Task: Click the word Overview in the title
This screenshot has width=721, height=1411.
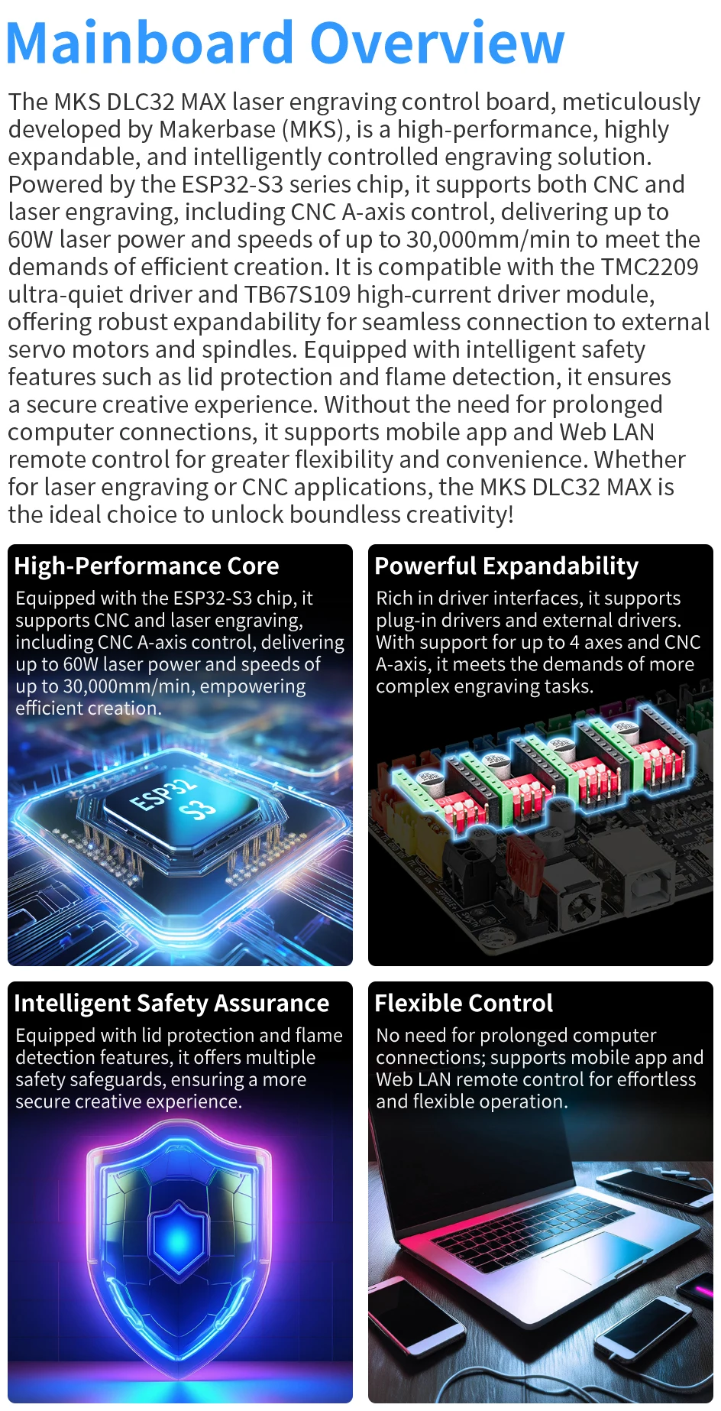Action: pos(438,43)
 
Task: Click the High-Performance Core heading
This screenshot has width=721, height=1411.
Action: pos(147,566)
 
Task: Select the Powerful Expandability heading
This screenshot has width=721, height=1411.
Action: pos(506,566)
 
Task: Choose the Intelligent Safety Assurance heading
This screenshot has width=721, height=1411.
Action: pos(172,1003)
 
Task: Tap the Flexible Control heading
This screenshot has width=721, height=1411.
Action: pos(464,1003)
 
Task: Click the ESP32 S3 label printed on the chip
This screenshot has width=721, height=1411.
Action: pos(173,796)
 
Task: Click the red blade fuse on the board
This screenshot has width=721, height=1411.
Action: pos(526,864)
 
